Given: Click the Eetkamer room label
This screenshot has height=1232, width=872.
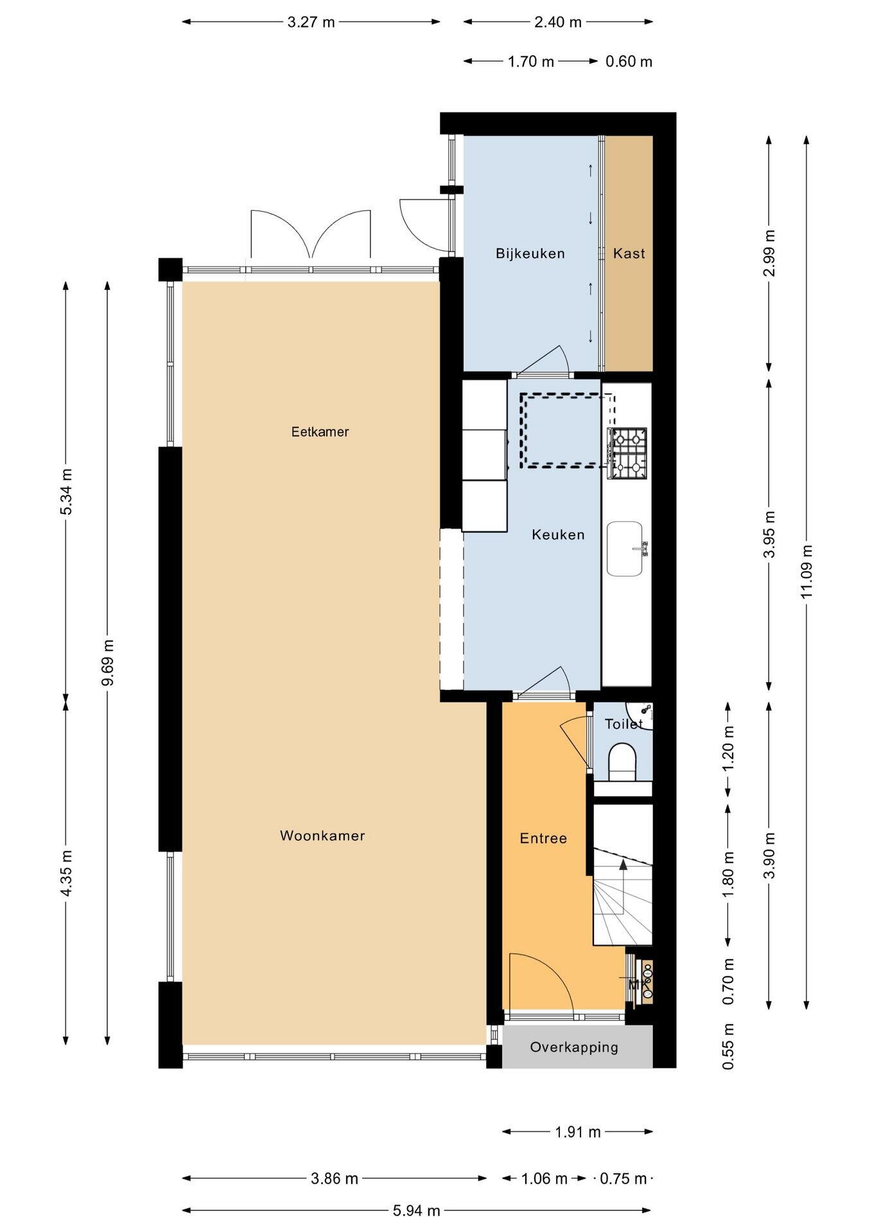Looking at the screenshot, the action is tap(320, 432).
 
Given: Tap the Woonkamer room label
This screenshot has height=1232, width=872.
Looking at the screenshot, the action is tap(322, 835).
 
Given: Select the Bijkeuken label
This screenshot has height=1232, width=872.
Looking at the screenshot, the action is tap(530, 253).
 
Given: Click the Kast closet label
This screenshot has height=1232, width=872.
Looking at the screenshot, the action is tap(629, 253).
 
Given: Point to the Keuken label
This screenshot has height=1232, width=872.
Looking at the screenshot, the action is tap(558, 535).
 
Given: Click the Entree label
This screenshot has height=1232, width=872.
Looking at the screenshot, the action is tap(543, 838).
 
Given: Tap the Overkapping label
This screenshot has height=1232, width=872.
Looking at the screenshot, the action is tap(574, 1047).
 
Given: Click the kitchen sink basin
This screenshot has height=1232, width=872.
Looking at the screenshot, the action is tap(625, 549).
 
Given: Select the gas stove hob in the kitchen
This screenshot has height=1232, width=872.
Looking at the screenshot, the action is tap(627, 454).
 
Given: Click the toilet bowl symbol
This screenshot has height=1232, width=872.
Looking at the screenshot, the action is tap(622, 761).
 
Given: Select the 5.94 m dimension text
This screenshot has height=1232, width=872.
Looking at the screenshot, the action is tap(417, 1211).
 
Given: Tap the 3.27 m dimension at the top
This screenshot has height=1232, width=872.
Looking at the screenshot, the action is tap(311, 22).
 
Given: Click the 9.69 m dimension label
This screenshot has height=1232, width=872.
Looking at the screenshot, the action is tap(108, 662).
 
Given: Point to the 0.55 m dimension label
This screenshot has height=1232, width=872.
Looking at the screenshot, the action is tap(728, 1046).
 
